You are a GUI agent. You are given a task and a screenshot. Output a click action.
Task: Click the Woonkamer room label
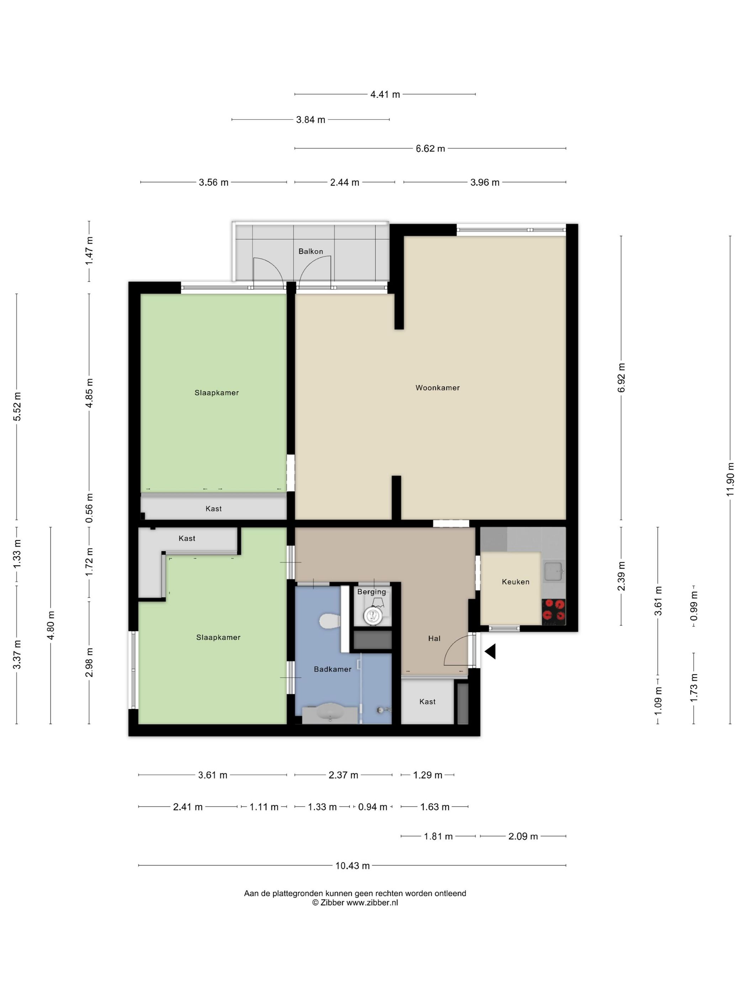coord(437,388)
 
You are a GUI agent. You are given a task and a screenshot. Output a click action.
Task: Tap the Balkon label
coord(311,251)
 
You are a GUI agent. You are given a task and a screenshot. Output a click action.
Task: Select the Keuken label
coord(515,582)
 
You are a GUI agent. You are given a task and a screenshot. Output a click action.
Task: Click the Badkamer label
coord(332,669)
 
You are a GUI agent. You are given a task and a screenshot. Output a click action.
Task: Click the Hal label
coord(434,638)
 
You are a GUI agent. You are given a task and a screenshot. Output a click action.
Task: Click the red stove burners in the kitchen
coord(553,611)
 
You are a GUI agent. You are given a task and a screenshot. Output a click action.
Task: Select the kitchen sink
coord(554,571)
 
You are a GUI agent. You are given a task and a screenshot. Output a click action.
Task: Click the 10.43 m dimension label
coord(353,866)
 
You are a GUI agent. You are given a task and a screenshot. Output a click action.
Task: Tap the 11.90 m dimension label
coord(730,479)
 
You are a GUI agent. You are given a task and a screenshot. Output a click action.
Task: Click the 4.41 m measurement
coord(385,95)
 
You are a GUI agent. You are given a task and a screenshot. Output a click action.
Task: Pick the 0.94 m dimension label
coord(372,807)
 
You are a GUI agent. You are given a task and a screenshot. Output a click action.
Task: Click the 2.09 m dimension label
coord(523,836)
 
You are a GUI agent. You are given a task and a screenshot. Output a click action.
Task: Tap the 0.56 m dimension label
coord(89,508)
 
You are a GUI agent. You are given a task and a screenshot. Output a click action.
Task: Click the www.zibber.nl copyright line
coord(355,902)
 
